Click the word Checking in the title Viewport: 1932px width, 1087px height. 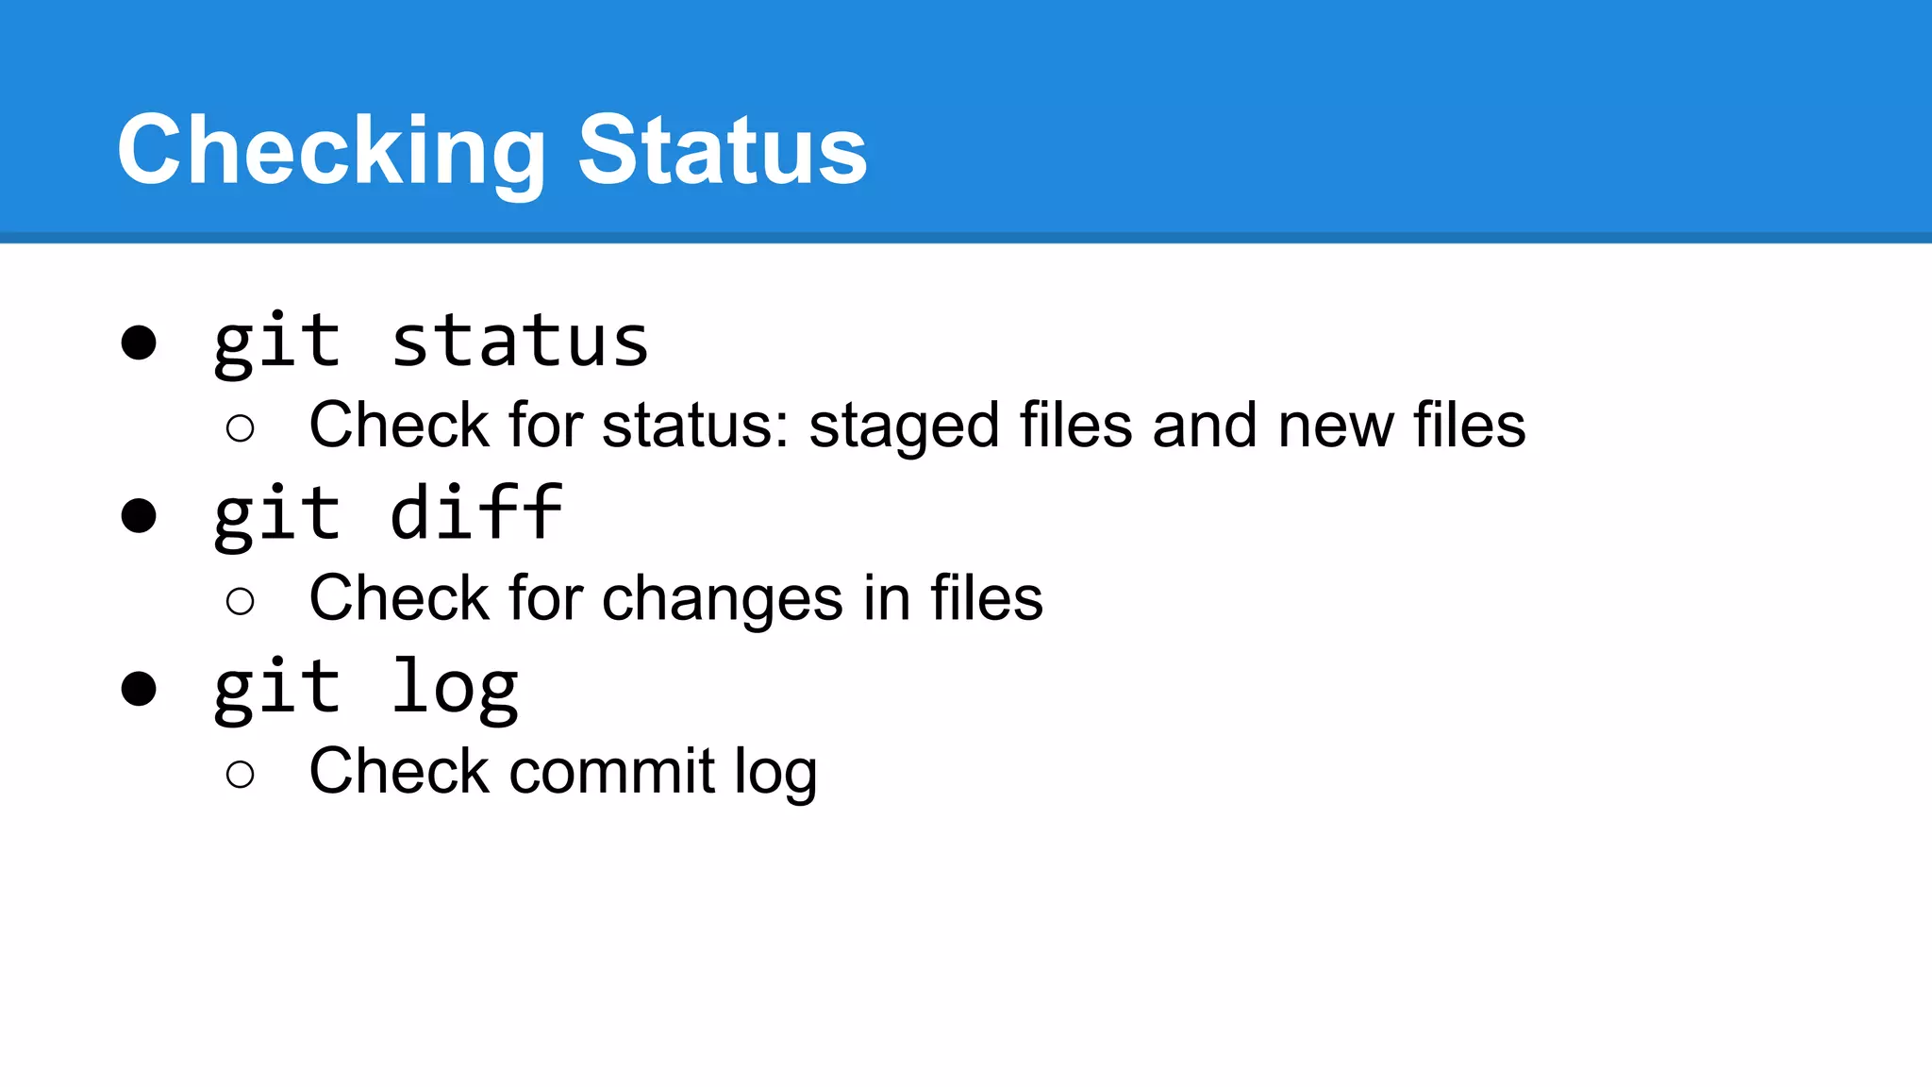click(x=331, y=151)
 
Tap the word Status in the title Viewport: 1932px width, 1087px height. click(x=722, y=151)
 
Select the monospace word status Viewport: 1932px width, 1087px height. click(x=520, y=342)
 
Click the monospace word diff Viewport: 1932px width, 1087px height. click(x=476, y=514)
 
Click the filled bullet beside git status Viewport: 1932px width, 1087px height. click(x=139, y=343)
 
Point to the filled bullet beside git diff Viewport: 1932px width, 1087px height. click(x=139, y=516)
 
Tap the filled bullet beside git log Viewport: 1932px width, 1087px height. click(x=139, y=689)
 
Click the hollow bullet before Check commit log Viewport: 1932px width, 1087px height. click(x=241, y=775)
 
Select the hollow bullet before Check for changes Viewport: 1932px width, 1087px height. click(x=241, y=601)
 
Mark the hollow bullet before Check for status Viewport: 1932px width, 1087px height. click(x=241, y=428)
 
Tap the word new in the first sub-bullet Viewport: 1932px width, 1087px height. click(x=1335, y=426)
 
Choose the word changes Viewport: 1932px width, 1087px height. click(x=723, y=600)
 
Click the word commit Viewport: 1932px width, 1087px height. click(x=612, y=772)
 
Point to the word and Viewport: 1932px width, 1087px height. click(x=1205, y=426)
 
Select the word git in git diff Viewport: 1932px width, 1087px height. click(x=276, y=514)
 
